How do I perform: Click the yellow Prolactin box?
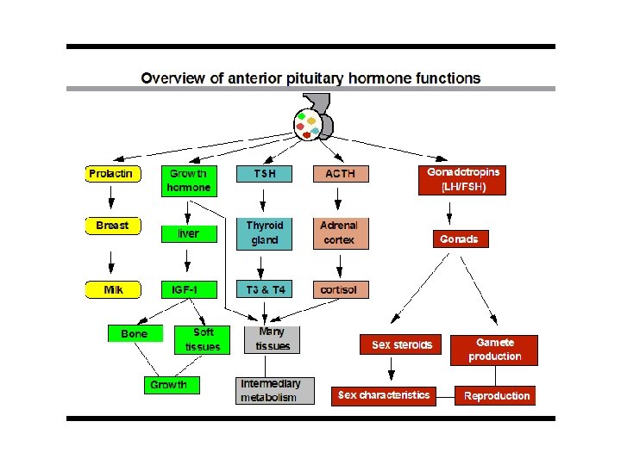[x=111, y=174]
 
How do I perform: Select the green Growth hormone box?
[x=187, y=181]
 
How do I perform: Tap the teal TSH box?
[x=264, y=174]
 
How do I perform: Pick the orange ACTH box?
[x=340, y=174]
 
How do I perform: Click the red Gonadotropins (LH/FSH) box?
[x=463, y=180]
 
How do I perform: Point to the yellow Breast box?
[x=112, y=226]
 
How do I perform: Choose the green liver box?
[x=188, y=233]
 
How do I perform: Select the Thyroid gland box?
[x=264, y=232]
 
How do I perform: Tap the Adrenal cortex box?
[x=340, y=232]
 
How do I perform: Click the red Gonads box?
[x=459, y=239]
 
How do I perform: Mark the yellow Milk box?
[x=112, y=290]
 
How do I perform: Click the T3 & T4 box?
[x=264, y=290]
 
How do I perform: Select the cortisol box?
[x=340, y=290]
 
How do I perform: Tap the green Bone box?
[x=135, y=333]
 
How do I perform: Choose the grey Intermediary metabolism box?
[x=275, y=390]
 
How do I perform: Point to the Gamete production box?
[x=495, y=350]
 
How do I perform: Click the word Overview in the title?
[x=172, y=78]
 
